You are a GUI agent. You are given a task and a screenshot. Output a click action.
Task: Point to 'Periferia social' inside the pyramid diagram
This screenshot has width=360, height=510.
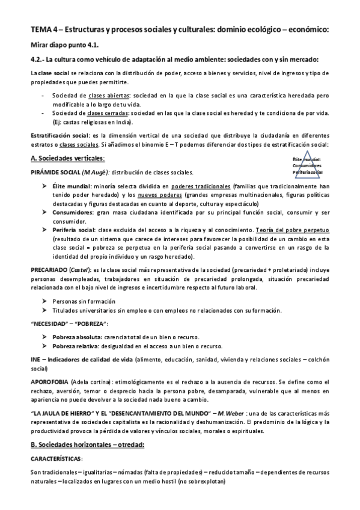click(308, 173)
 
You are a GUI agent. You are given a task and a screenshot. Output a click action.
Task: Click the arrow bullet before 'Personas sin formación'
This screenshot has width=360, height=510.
click(44, 301)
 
